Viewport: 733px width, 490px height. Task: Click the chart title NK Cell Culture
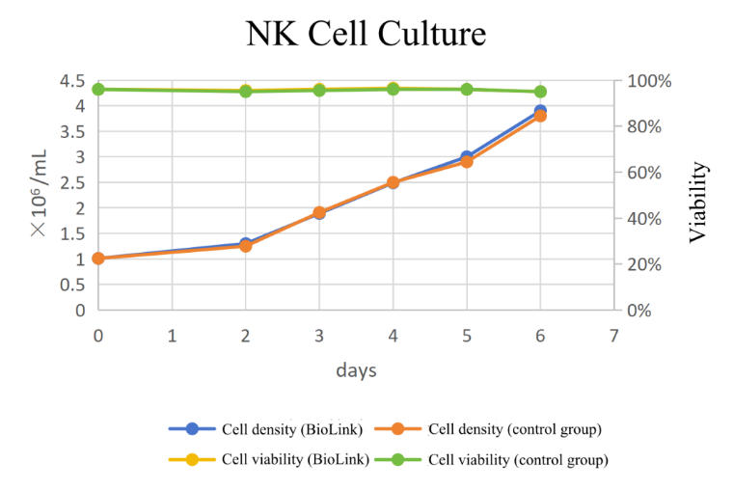tap(366, 35)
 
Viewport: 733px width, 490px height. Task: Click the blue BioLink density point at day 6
tap(540, 111)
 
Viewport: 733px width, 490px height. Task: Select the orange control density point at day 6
tap(540, 117)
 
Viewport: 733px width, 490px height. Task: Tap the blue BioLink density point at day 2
tap(246, 243)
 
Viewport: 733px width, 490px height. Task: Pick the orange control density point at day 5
tap(467, 162)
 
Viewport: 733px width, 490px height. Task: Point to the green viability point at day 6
tap(540, 92)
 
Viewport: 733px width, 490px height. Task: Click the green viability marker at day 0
tap(98, 89)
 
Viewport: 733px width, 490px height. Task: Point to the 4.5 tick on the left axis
tap(72, 80)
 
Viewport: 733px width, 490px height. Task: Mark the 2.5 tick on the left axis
tap(72, 182)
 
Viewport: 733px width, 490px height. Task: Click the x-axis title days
tap(356, 370)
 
